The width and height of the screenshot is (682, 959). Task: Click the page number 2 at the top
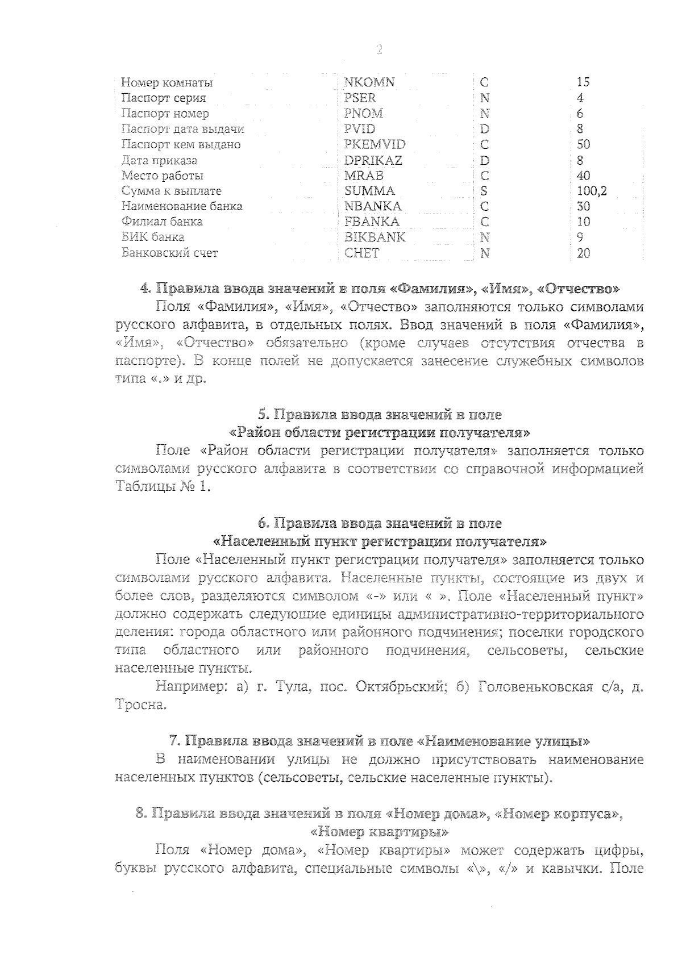(x=379, y=50)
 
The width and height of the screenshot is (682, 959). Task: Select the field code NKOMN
(x=369, y=82)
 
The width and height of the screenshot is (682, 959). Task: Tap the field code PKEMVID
(x=375, y=144)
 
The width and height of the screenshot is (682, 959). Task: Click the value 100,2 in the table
(x=592, y=191)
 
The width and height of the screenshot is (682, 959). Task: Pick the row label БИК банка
(x=153, y=237)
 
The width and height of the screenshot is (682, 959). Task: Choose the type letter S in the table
(x=484, y=191)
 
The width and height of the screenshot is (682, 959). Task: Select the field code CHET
(x=362, y=253)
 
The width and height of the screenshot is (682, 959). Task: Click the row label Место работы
(x=163, y=176)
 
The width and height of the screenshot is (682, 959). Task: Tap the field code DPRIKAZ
(x=373, y=160)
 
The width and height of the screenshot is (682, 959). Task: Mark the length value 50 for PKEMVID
(x=584, y=144)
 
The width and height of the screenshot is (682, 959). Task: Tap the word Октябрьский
(x=399, y=687)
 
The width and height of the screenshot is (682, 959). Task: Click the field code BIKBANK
(x=375, y=237)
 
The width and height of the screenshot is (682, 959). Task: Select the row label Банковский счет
(x=170, y=253)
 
